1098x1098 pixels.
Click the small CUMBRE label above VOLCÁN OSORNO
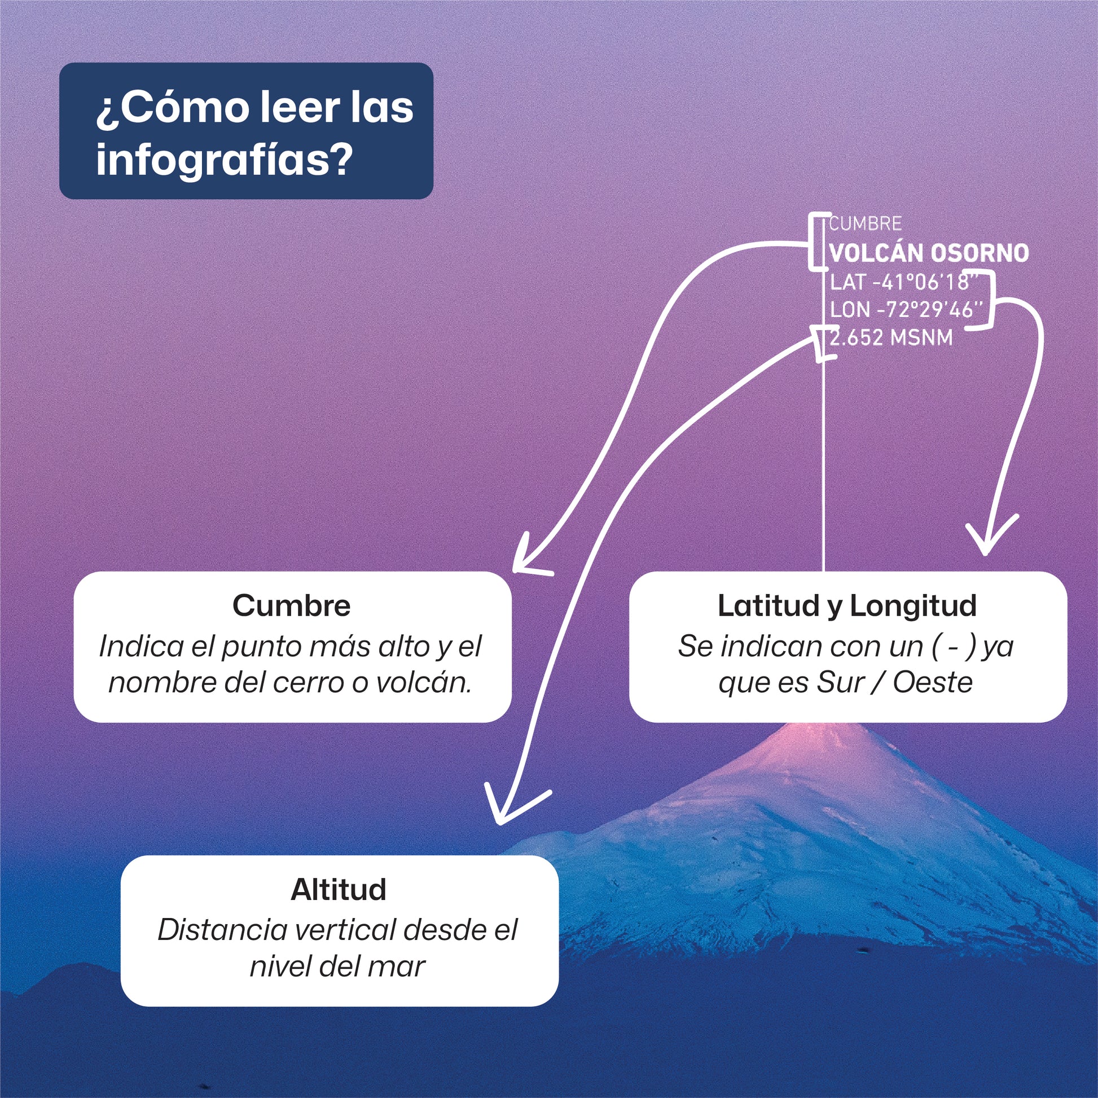865,224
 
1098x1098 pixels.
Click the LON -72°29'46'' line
906,310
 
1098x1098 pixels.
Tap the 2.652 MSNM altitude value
890,337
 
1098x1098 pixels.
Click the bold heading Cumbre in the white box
291,606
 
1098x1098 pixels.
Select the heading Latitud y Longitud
847,606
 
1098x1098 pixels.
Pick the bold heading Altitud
338,890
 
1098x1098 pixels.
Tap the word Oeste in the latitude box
933,683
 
